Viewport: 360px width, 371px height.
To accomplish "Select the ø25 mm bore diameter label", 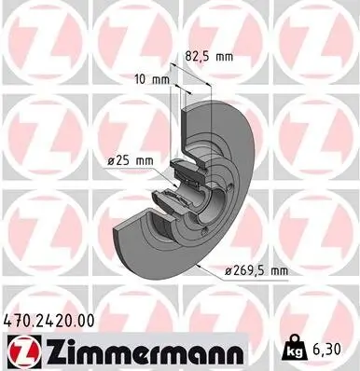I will (x=129, y=159).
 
